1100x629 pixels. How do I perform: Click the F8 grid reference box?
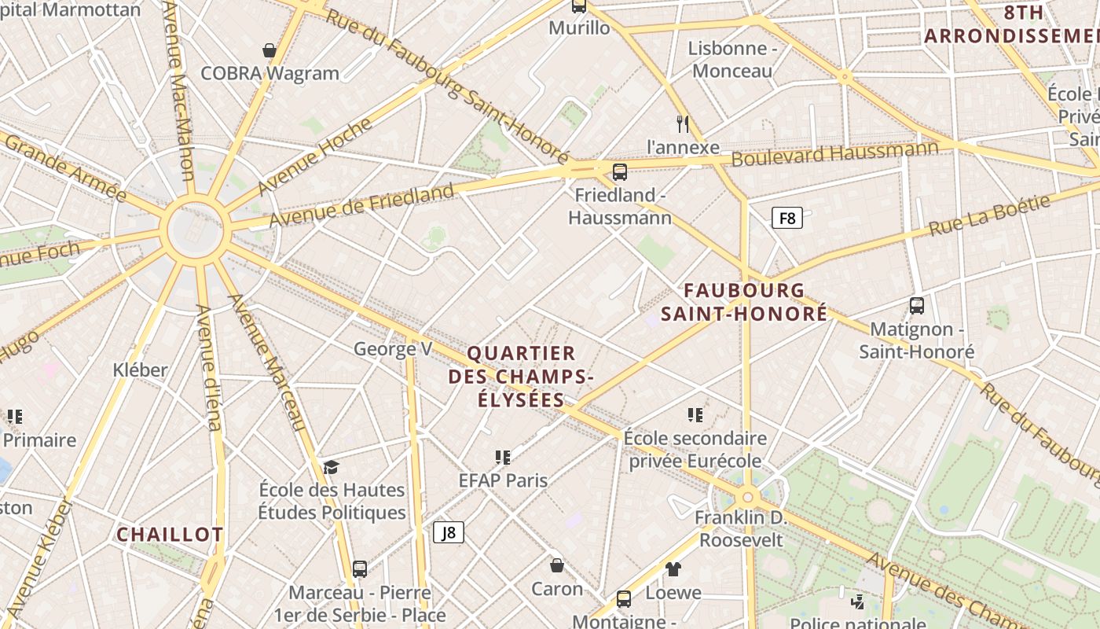786,218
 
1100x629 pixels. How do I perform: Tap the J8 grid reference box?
449,532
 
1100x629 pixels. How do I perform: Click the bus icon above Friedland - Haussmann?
620,171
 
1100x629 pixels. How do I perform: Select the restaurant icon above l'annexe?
683,123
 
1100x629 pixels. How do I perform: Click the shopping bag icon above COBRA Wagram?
269,51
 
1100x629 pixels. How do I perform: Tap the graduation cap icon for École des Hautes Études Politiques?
331,468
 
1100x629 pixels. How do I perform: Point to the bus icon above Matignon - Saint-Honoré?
916,306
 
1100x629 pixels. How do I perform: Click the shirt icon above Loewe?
673,568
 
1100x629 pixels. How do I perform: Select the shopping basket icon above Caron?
557,565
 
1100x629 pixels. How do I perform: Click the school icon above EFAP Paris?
503,457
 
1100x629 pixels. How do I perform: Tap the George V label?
393,348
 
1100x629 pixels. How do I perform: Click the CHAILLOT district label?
170,535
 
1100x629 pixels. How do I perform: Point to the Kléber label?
140,370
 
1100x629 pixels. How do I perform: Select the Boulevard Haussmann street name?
834,153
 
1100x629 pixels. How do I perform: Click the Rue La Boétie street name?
989,215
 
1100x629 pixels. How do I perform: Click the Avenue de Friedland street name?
361,204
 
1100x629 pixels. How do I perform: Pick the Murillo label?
579,28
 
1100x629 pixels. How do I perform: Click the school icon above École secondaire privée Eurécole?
695,414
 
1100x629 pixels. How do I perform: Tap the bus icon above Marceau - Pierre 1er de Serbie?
360,568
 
